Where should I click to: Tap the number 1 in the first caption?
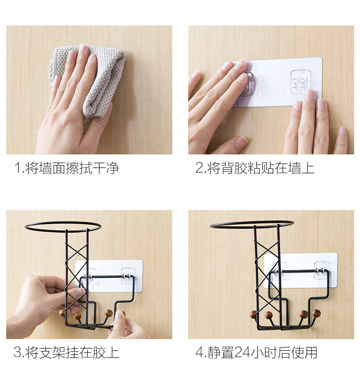pos(17,168)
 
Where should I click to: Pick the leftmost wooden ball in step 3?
pos(62,313)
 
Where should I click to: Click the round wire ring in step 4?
pos(252,224)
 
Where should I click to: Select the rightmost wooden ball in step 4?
pos(316,314)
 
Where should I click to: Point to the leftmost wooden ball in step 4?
pos(253,315)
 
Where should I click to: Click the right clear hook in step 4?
pos(322,270)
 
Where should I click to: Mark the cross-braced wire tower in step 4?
pos(267,269)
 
